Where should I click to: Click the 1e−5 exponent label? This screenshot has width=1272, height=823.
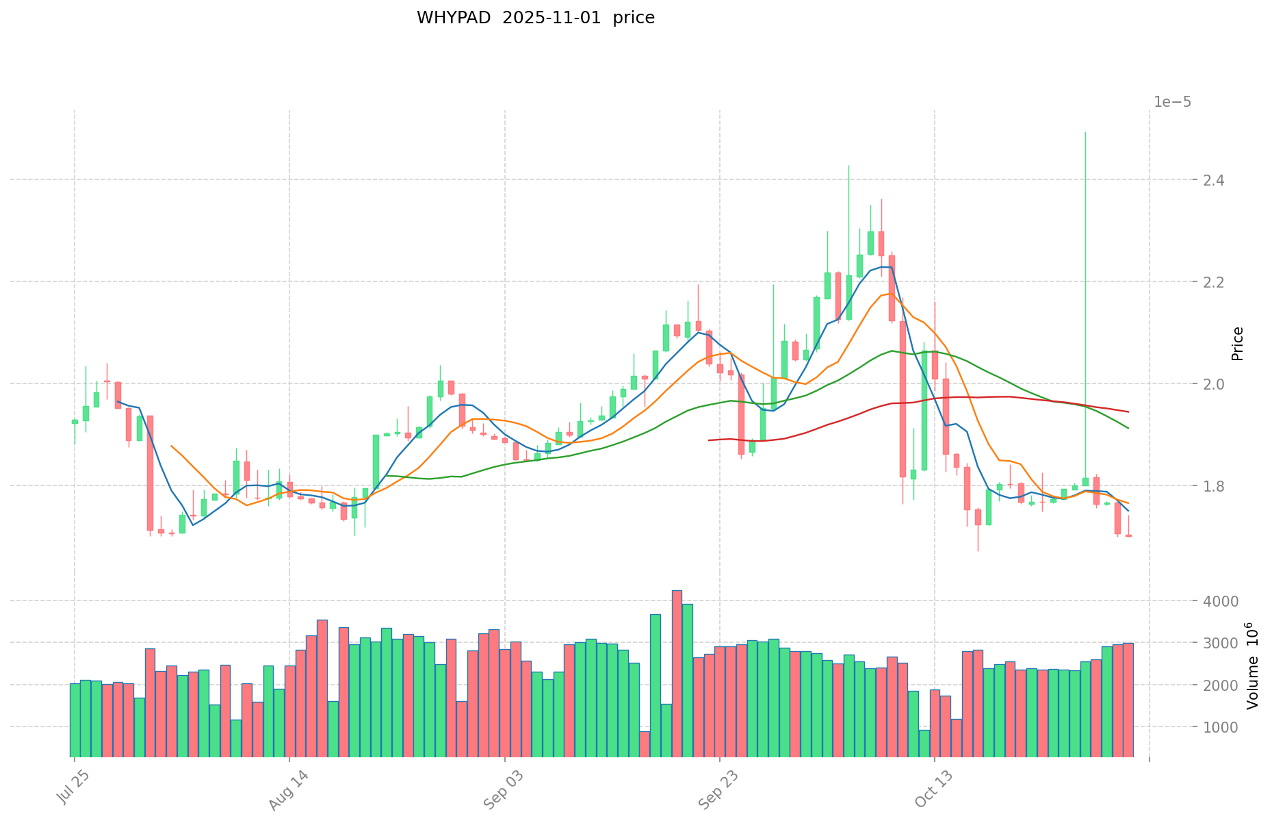coord(1172,102)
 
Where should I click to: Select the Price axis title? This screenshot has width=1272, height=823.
coord(1237,344)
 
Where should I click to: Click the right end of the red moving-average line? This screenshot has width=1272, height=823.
coord(1128,411)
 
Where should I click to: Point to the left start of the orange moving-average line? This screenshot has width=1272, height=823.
coord(171,446)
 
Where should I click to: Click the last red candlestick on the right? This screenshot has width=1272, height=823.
coord(1128,535)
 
